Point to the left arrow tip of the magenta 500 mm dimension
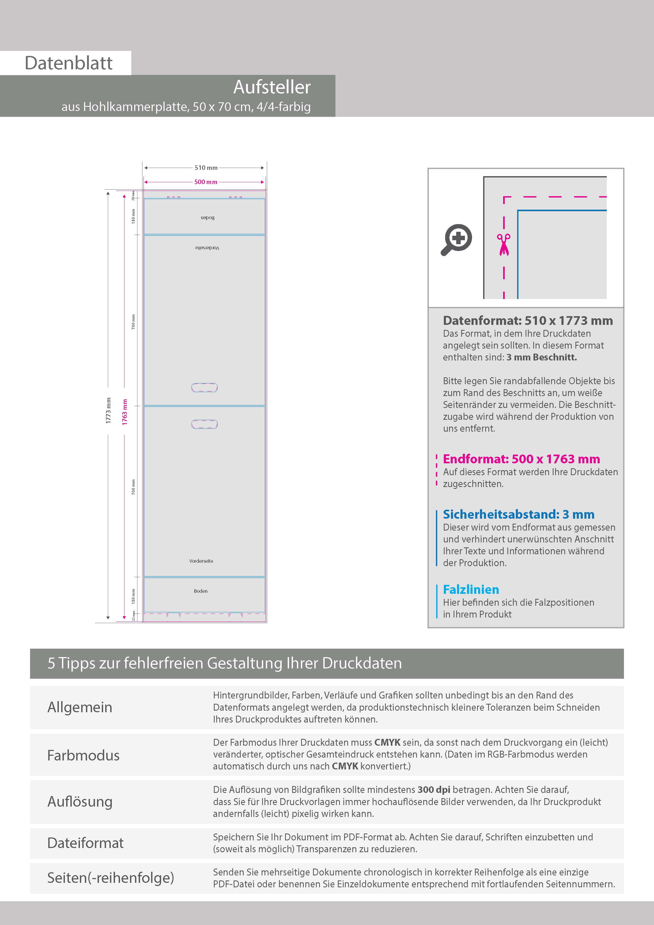click(145, 182)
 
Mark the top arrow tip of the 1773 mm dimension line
click(108, 192)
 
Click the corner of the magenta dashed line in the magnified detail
click(504, 197)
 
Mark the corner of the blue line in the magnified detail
click(518, 210)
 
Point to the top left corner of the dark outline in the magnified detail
click(484, 176)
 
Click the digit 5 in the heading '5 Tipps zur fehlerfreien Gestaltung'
click(51, 663)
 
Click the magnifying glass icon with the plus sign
click(456, 240)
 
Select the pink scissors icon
click(504, 244)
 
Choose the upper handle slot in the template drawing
click(204, 388)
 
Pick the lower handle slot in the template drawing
click(204, 424)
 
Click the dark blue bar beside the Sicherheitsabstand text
click(436, 538)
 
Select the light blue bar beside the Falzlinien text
click(436, 601)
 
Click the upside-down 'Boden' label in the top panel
click(208, 218)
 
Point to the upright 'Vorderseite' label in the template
click(201, 561)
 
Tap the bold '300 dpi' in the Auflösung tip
click(434, 790)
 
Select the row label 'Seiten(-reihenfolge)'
click(111, 878)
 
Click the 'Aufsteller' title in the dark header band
click(272, 87)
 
